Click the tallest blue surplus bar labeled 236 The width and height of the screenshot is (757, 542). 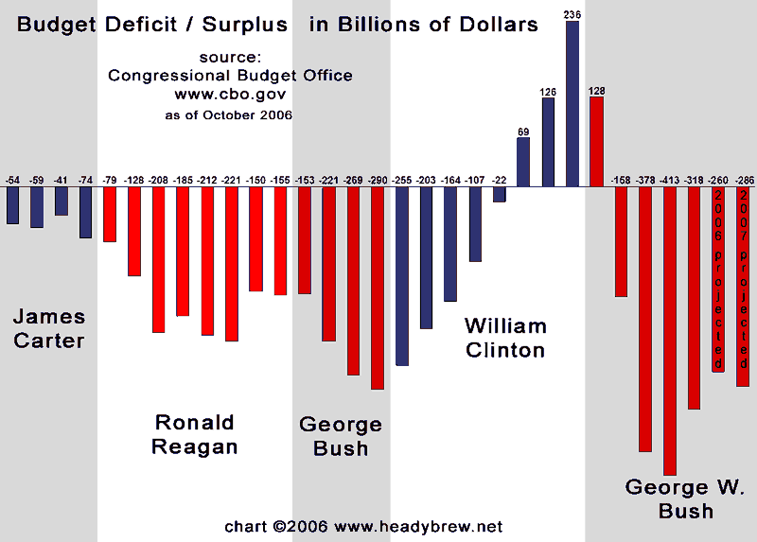click(572, 104)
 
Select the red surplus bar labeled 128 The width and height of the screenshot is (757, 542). click(596, 142)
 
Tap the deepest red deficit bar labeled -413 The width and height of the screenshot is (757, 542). click(670, 330)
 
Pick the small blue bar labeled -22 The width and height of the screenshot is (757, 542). click(499, 194)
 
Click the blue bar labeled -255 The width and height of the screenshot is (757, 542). click(401, 275)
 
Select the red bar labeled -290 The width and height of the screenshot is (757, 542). click(377, 288)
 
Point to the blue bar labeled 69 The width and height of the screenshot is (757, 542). click(523, 162)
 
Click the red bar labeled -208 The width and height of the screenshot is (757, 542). click(158, 259)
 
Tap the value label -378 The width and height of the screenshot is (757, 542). click(645, 180)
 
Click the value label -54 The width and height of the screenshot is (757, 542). click(12, 180)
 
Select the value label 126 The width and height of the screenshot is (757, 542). click(548, 92)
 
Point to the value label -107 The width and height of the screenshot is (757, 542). click(474, 180)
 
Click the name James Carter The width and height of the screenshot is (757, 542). click(49, 328)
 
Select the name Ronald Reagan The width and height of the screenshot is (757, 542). click(194, 434)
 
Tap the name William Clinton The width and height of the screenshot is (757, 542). click(505, 338)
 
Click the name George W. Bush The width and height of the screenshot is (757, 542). click(684, 499)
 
